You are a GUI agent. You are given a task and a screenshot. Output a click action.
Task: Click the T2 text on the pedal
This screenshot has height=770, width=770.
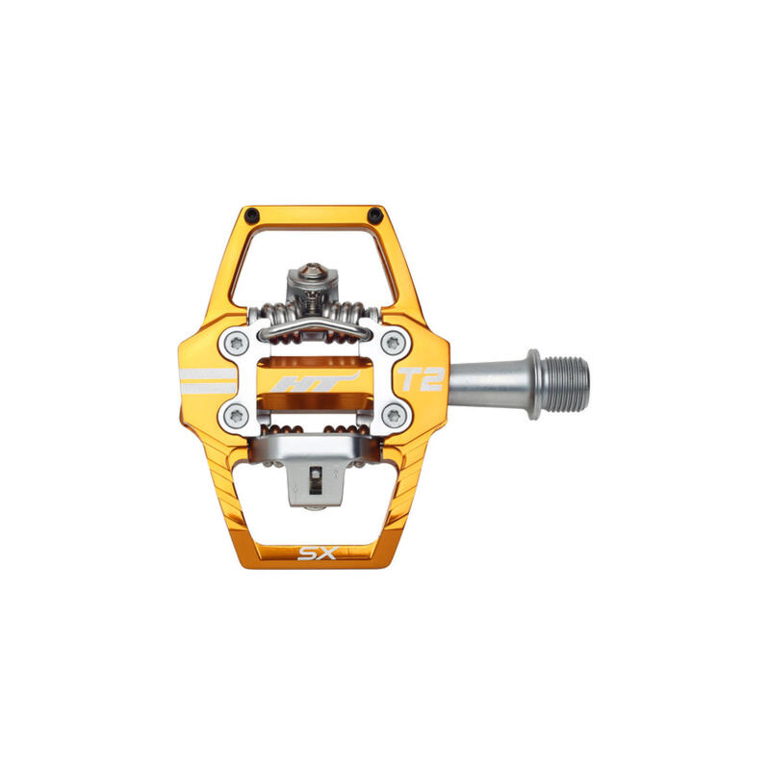tap(422, 379)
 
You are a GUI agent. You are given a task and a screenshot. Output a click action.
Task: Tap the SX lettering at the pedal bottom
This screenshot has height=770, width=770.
tap(318, 553)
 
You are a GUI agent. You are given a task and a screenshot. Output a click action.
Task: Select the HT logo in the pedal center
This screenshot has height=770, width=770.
tap(315, 381)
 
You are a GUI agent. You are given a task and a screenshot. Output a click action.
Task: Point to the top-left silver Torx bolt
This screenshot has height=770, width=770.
tap(236, 344)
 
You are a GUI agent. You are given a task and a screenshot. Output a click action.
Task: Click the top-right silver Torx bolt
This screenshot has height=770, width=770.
tap(394, 344)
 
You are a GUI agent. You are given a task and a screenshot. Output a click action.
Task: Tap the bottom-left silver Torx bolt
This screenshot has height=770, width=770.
tap(236, 417)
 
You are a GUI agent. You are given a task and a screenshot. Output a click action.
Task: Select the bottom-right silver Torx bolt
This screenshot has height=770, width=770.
tap(394, 417)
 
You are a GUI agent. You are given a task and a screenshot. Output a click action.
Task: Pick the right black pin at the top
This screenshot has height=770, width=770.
tap(375, 214)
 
